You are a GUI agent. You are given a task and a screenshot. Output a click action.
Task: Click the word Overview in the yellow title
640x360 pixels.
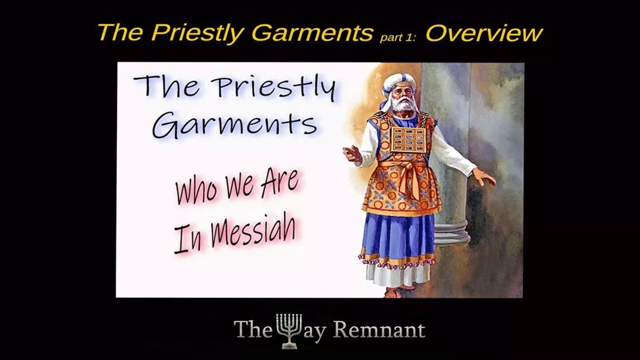coord(483,33)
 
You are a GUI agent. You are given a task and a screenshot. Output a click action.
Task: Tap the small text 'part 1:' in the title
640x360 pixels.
coord(397,37)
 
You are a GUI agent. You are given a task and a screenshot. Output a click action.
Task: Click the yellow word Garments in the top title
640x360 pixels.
coord(312,33)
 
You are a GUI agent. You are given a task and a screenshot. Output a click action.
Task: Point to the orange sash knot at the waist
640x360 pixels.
coord(407,167)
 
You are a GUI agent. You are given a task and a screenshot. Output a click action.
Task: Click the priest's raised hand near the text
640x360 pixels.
coord(353,153)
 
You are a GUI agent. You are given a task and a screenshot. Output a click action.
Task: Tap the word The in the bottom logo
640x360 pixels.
coord(248,329)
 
